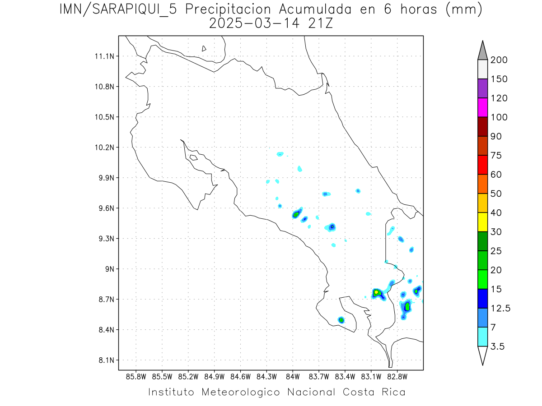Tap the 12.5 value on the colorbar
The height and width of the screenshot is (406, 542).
[x=500, y=308]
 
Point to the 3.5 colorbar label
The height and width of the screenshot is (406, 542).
[x=497, y=346]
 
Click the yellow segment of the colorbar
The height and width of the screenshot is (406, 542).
[x=482, y=222]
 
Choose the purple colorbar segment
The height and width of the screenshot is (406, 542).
[x=482, y=88]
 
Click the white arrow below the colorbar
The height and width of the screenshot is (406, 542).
[x=482, y=355]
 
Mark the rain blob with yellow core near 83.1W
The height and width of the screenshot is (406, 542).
[x=376, y=293]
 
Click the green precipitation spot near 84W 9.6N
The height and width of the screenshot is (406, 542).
[x=296, y=214]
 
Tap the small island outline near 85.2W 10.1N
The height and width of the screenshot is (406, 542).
[x=193, y=157]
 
